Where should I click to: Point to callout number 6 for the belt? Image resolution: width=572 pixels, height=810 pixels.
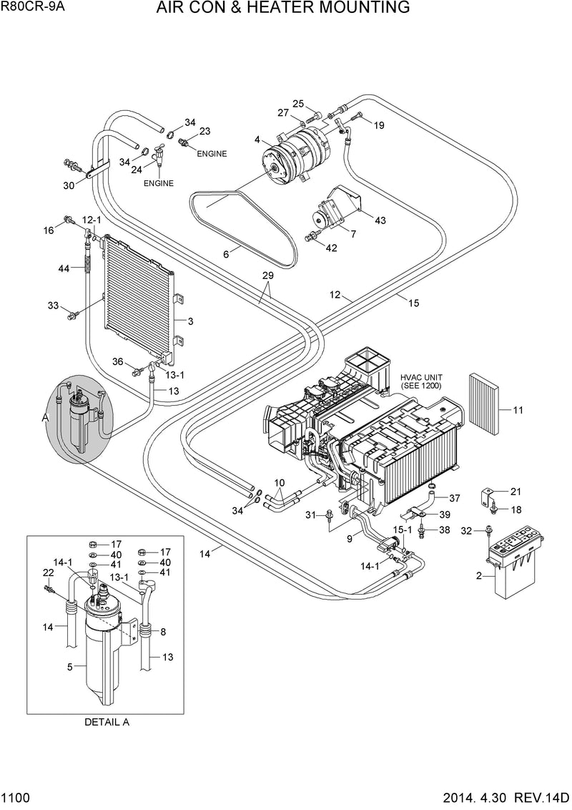pos(226,253)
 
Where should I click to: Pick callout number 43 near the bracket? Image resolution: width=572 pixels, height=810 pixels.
pos(380,220)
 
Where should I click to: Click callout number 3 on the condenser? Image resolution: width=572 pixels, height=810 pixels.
pos(190,321)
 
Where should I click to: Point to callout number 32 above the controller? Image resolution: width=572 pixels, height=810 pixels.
pos(467,531)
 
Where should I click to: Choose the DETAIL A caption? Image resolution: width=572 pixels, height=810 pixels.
pos(107,722)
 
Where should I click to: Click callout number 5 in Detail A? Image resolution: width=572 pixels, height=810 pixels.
pos(70,667)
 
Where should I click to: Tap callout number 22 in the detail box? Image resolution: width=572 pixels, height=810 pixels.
pos(49,572)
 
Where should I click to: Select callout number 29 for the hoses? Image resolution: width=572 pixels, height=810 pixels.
pos(267,275)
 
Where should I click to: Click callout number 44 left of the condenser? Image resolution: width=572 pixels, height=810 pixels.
pos(64,268)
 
